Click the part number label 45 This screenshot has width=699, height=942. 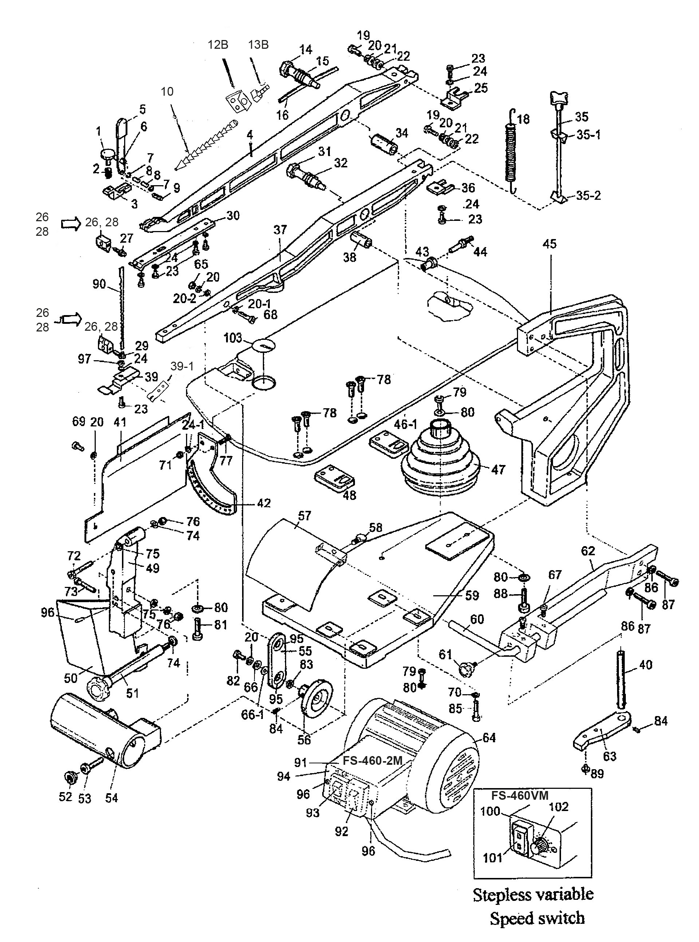549,245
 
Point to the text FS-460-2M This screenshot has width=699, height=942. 372,760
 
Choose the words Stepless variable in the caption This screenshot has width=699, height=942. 533,894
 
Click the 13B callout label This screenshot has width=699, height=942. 258,45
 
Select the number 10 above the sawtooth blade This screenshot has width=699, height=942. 167,92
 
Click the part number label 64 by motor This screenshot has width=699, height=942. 489,738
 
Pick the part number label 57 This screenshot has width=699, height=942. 304,516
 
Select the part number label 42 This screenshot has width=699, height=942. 263,503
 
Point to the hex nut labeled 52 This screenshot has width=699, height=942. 68,777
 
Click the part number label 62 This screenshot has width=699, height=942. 588,551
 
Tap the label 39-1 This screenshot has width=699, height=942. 182,366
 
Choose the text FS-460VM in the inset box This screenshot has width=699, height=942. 520,796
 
